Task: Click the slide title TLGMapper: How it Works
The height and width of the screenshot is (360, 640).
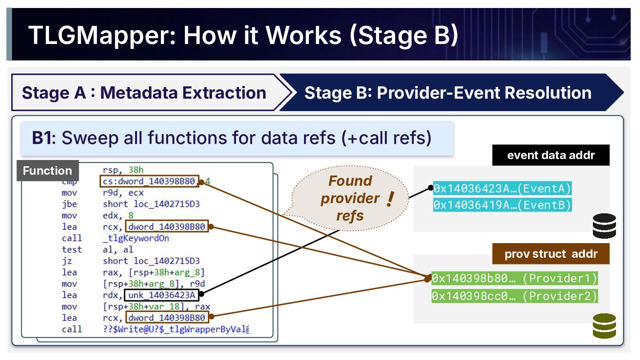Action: click(x=242, y=35)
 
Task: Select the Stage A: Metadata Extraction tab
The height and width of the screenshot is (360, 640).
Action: click(x=144, y=93)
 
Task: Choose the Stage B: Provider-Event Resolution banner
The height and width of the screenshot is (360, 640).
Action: click(x=448, y=93)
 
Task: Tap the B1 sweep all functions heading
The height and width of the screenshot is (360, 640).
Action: click(x=232, y=138)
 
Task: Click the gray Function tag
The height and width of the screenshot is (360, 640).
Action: click(x=47, y=171)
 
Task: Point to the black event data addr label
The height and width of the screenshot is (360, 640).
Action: click(x=551, y=156)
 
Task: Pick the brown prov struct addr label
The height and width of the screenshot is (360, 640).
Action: click(x=551, y=255)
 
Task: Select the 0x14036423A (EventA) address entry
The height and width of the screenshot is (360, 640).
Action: click(x=502, y=188)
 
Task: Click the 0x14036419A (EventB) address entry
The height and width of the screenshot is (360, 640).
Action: click(x=502, y=205)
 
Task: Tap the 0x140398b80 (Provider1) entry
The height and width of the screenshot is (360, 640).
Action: click(x=515, y=279)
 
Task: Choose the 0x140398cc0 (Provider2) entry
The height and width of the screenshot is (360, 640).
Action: click(x=515, y=296)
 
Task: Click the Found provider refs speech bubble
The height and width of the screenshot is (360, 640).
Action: click(x=350, y=198)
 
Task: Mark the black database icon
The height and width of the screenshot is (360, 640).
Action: click(x=604, y=225)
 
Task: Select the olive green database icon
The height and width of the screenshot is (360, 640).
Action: click(x=604, y=325)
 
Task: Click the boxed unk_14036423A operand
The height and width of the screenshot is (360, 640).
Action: click(x=163, y=295)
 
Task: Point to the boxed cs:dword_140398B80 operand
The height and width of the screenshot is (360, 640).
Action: click(x=149, y=181)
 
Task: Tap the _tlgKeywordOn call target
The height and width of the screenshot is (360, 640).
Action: click(x=136, y=238)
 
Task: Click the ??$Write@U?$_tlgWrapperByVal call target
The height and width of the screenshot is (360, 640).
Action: click(x=176, y=329)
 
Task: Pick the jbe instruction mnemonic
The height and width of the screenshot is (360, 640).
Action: click(x=69, y=204)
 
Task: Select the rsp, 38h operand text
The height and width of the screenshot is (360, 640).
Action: click(x=123, y=170)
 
